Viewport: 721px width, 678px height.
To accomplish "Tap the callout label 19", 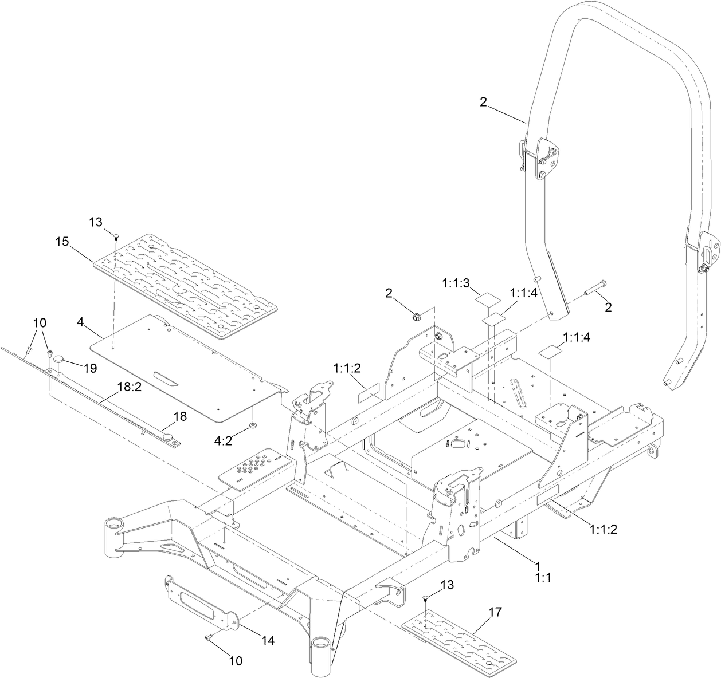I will point(89,369).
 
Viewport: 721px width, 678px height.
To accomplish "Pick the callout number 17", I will point(495,612).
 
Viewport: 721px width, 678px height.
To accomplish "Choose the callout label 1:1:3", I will point(456,282).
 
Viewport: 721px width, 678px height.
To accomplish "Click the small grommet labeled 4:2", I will point(253,426).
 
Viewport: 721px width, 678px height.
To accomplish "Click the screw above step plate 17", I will point(425,598).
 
